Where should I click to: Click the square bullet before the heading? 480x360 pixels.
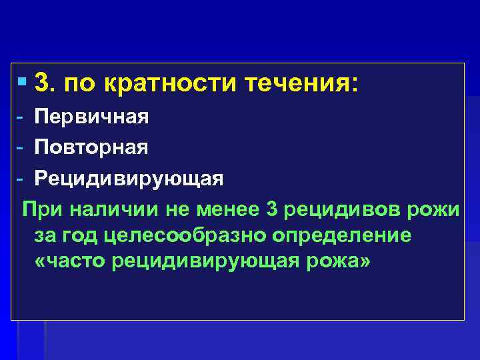pos(24,83)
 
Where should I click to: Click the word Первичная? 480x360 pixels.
pos(91,117)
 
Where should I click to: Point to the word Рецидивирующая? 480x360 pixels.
pos(129,179)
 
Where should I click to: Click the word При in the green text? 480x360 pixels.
pos(41,209)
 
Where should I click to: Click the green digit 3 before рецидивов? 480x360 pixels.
pos(270,209)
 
